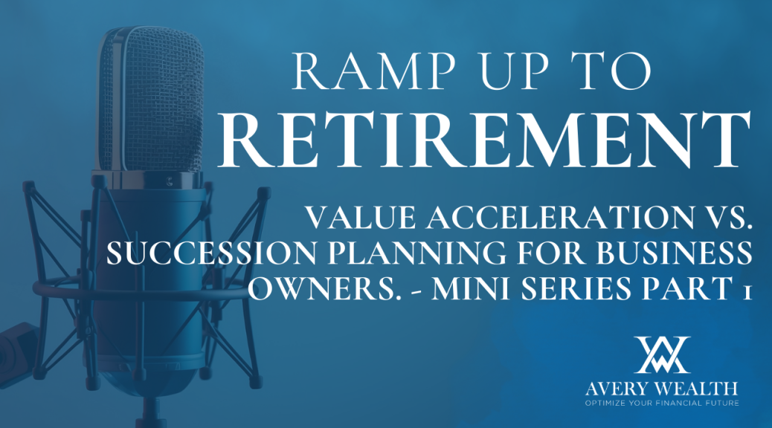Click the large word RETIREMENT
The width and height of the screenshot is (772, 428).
(x=484, y=140)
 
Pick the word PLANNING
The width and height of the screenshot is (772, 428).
(x=417, y=253)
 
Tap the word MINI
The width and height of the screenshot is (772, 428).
(x=472, y=288)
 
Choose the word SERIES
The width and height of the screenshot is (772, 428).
(x=576, y=288)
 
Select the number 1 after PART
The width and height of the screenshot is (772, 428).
(x=747, y=292)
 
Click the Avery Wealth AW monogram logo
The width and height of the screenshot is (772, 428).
(x=662, y=354)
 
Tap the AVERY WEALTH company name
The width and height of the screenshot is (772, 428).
(x=662, y=389)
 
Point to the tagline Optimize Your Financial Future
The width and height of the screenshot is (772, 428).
(x=662, y=403)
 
